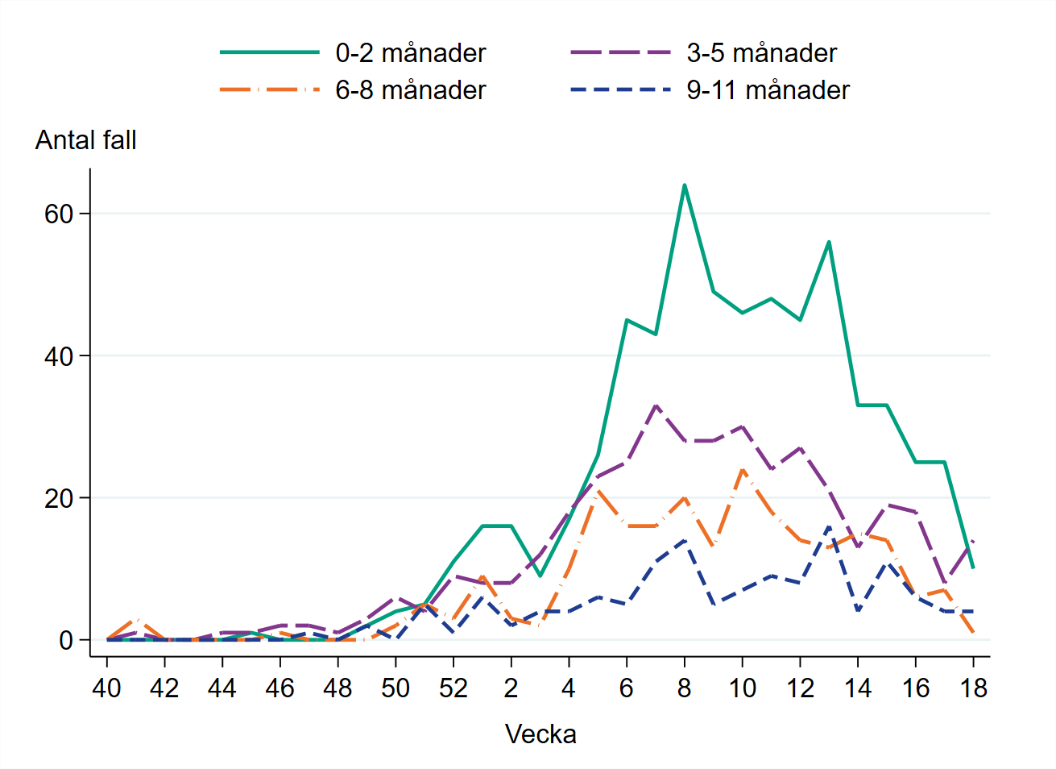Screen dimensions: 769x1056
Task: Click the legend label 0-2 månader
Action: point(410,53)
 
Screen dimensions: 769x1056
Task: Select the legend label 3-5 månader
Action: point(761,53)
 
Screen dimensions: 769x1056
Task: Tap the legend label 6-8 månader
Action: point(410,90)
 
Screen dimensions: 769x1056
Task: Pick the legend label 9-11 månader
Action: point(768,90)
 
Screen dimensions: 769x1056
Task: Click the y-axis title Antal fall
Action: point(86,140)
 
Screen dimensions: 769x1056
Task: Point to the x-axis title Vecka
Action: point(540,734)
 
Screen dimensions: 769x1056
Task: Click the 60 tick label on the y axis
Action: point(59,214)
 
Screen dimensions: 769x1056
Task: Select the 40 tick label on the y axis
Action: point(59,355)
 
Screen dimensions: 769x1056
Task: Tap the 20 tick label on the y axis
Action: point(59,498)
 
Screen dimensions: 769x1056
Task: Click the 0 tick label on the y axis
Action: point(66,640)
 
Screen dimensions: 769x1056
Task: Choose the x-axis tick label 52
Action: point(453,688)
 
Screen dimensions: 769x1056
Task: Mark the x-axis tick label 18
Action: point(974,688)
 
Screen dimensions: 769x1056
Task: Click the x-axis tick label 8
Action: point(685,688)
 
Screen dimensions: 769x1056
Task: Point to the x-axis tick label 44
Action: point(222,688)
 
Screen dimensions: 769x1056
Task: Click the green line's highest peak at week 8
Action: point(685,185)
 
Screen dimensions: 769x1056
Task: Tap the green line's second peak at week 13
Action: point(829,242)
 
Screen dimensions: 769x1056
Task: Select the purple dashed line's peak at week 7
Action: point(656,405)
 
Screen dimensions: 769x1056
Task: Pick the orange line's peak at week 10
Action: point(742,469)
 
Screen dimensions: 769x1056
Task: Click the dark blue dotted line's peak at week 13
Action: point(829,526)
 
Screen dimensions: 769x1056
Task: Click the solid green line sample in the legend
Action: point(270,53)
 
